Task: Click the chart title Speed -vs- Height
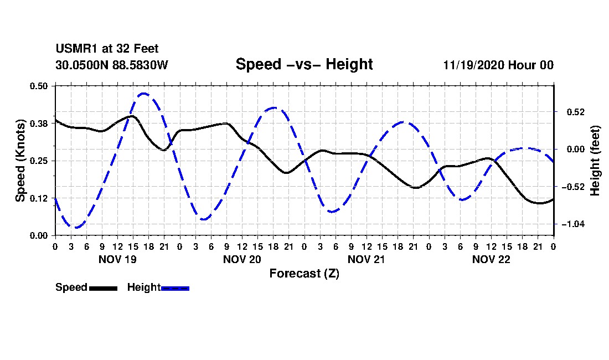(x=304, y=64)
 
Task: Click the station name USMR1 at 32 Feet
(x=107, y=49)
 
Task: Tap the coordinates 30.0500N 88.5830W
(x=112, y=65)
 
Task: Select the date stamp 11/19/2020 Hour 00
(x=498, y=65)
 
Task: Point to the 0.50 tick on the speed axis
(x=39, y=86)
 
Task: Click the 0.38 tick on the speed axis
(x=39, y=124)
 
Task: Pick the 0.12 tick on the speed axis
(x=39, y=198)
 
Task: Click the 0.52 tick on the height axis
(x=576, y=112)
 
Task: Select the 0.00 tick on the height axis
(x=576, y=150)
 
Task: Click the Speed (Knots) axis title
(x=20, y=161)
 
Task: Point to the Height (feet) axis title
(x=595, y=161)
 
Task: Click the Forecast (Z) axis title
(x=304, y=274)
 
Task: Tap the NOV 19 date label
(x=118, y=259)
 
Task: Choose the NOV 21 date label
(x=367, y=259)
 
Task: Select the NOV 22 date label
(x=491, y=259)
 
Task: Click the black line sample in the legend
(x=104, y=288)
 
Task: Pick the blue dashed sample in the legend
(x=175, y=288)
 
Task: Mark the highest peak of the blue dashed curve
(x=144, y=93)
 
